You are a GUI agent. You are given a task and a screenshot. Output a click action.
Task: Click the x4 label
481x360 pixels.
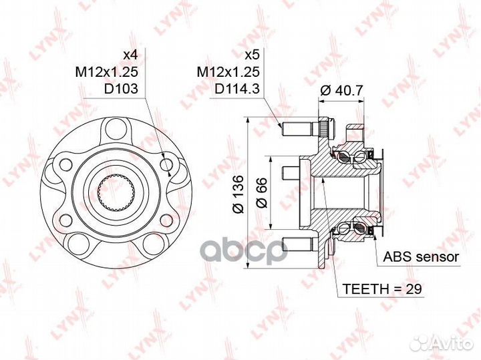click(130, 55)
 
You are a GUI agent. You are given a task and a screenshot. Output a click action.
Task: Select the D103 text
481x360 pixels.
click(121, 89)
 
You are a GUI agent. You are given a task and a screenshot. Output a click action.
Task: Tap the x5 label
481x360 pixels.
click(252, 55)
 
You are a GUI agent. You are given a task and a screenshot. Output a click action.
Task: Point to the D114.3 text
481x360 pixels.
click(237, 89)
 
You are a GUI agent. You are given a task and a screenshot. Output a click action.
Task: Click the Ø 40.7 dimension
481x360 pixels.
click(341, 90)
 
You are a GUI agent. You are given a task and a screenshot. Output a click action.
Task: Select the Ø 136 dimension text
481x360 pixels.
click(238, 194)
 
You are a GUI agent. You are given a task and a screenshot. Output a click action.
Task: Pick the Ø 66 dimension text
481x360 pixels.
click(262, 192)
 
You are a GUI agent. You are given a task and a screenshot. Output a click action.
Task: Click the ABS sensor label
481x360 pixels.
click(421, 257)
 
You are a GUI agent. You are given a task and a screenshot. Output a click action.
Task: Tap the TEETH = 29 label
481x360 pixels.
click(382, 289)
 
